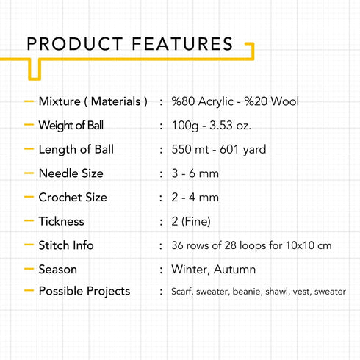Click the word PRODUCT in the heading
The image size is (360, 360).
pos(75,44)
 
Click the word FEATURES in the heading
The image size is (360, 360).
pos(182,44)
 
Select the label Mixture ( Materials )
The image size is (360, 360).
pos(93,101)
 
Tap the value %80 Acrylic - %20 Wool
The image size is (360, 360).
pos(235,101)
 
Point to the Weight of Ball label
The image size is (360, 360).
pos(71,126)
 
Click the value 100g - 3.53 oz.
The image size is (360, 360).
pos(212,126)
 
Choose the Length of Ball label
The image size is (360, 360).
pos(76,149)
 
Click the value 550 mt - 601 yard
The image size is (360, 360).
pos(219,149)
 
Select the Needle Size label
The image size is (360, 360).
pos(71,173)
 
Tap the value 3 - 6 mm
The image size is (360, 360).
pos(195,173)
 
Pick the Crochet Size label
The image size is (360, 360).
pos(73,198)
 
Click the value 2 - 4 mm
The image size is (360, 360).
pos(195,198)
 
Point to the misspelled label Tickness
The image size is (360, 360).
pos(61,221)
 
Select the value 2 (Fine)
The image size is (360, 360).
pos(191,221)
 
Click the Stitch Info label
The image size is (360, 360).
pos(66,245)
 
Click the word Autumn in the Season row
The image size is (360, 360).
pos(234,270)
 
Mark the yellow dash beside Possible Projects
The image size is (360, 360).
pos(29,291)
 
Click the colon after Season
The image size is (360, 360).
pos(161,270)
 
